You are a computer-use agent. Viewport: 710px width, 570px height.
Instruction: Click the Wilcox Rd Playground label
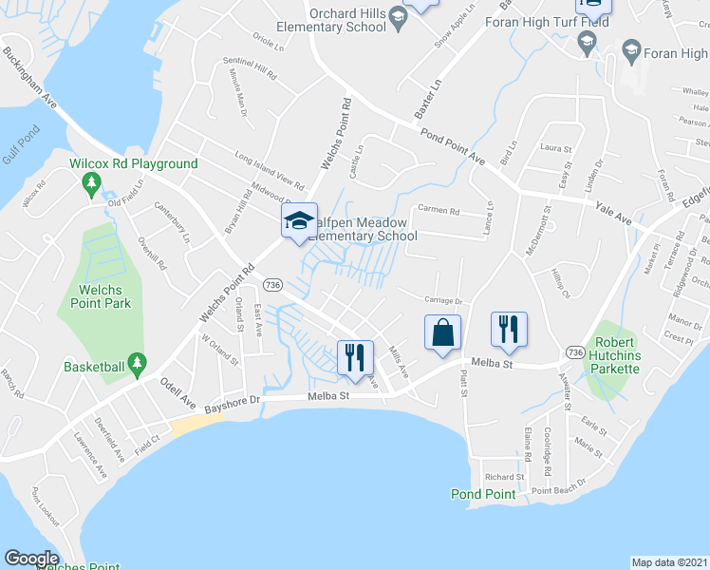click(134, 163)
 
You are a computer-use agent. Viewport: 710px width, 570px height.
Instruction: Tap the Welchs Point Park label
click(100, 296)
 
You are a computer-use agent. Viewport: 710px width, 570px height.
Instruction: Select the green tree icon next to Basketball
click(137, 362)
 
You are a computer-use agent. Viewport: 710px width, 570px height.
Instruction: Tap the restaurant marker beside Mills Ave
click(354, 357)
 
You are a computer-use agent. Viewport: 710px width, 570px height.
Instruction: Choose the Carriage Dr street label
click(441, 300)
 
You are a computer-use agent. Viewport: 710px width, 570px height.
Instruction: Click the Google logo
click(31, 559)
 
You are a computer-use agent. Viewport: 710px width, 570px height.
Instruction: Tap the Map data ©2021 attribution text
click(670, 561)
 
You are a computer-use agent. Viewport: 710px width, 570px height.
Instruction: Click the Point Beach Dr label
click(560, 490)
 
